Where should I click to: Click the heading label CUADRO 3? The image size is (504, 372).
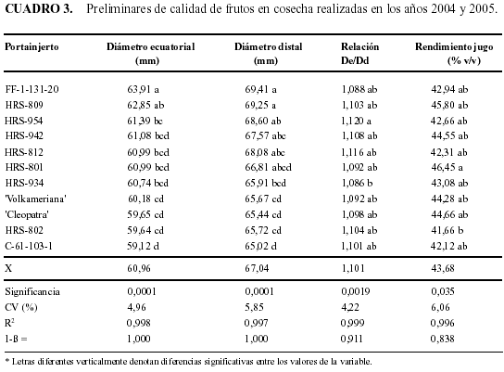[x=39, y=8]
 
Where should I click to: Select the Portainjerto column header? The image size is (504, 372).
[x=31, y=47]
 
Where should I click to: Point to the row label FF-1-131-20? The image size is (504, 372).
[x=31, y=89]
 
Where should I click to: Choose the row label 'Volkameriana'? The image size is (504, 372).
[x=35, y=199]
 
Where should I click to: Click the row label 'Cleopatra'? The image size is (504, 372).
[x=27, y=214]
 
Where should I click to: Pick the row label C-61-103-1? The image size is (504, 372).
[x=29, y=246]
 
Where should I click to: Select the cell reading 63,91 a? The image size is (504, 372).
[x=143, y=89]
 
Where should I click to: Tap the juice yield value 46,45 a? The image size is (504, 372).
[x=447, y=167]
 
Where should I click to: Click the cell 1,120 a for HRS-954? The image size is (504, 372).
[x=356, y=121]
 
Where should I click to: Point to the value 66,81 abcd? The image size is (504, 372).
[x=268, y=167]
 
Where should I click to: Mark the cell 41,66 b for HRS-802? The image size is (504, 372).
[x=447, y=230]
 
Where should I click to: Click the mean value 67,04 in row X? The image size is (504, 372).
[x=257, y=268]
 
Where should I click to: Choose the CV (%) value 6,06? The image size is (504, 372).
[x=440, y=307]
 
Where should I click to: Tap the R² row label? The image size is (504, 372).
[x=9, y=323]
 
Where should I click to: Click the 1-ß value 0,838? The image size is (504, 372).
[x=442, y=339]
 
